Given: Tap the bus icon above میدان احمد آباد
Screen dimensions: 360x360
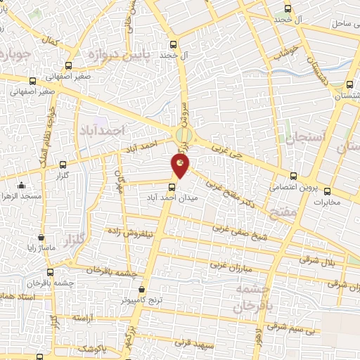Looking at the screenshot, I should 172,186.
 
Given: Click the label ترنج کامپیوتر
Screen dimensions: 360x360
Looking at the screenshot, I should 141,299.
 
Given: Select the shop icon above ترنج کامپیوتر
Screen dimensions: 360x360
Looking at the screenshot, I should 142,288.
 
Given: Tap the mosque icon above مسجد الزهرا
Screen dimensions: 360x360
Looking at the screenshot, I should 22,186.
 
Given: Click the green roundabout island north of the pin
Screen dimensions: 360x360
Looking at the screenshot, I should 183,134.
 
